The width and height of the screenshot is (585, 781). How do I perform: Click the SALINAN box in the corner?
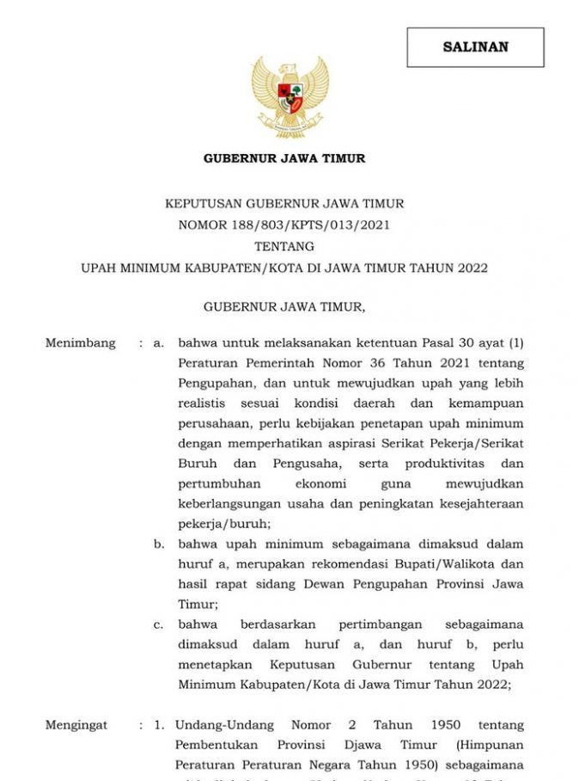(475, 47)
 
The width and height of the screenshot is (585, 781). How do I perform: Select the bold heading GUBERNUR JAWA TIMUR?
(284, 158)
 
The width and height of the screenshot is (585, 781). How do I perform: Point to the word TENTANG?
(284, 247)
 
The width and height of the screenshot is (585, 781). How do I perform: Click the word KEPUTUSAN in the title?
(204, 204)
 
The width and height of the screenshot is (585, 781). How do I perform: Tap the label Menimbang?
(80, 343)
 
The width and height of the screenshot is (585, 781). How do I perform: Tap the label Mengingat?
(76, 725)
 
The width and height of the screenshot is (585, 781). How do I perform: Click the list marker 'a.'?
(158, 343)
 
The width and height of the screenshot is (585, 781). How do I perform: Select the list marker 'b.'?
(159, 544)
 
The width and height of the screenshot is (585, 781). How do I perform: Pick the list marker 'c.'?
(158, 624)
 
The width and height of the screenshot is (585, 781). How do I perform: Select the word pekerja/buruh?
(222, 524)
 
